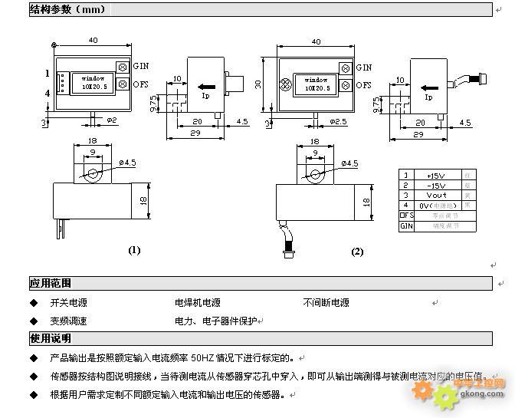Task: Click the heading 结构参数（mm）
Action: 68,9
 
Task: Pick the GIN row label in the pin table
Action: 406,226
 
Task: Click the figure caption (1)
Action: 134,250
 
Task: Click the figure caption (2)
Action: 357,252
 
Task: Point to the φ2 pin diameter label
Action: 111,120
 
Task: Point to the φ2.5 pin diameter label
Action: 337,120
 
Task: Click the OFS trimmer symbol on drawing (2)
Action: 346,84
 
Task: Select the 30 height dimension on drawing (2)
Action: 259,84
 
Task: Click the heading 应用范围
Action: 51,284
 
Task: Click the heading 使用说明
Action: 51,338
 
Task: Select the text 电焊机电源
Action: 197,303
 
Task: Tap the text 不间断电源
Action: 326,303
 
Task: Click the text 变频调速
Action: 68,321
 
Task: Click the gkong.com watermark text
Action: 481,394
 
